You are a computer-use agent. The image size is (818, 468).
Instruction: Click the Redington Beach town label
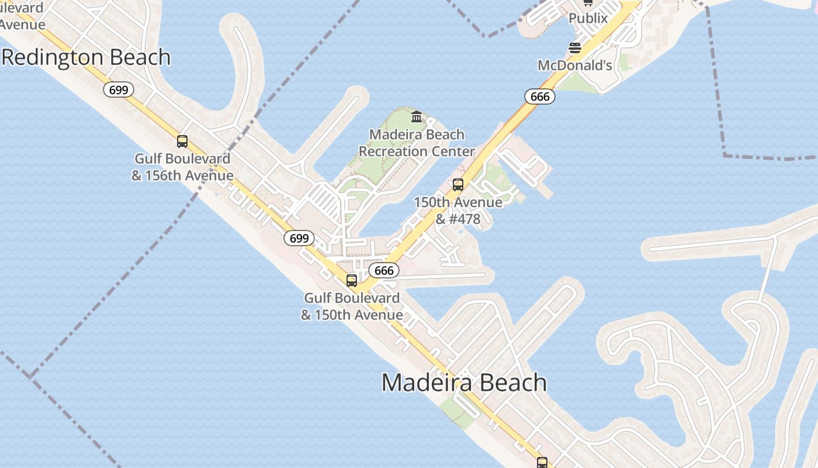[86, 57]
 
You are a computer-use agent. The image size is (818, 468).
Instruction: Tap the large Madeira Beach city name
[464, 383]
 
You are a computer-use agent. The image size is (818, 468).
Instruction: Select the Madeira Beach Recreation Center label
[417, 143]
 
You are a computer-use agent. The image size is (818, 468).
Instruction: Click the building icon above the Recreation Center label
[417, 117]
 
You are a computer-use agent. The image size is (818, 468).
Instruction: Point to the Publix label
[588, 18]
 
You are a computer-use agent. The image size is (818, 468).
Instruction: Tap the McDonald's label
[575, 65]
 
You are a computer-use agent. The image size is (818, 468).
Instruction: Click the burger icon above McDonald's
[575, 48]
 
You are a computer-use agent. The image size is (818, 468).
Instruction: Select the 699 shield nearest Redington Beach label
[119, 90]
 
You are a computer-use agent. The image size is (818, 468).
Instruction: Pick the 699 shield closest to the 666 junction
[299, 238]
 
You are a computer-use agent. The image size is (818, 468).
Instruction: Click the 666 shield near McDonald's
[539, 97]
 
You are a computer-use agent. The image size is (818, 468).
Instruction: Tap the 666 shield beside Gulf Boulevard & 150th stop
[384, 271]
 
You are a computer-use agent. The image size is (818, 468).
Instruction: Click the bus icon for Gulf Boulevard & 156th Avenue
[182, 142]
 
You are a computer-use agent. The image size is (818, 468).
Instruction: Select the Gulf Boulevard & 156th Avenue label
[182, 167]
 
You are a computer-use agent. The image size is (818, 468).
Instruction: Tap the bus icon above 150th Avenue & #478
[458, 185]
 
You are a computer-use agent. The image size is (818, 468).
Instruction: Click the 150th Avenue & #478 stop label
[458, 211]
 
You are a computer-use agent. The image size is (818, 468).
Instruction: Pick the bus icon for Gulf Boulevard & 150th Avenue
[352, 281]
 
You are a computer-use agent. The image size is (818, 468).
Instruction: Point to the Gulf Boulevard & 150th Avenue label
[352, 306]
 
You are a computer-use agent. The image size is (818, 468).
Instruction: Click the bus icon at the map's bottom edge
[542, 463]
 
